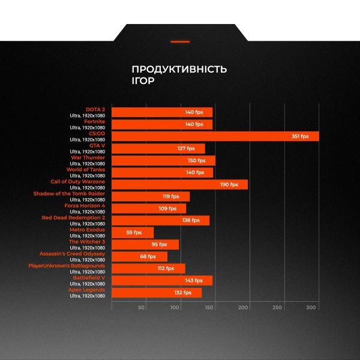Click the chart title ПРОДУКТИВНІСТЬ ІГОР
click(179, 75)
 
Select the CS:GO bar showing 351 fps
click(215, 136)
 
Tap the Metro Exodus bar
click(133, 232)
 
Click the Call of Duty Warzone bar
click(179, 184)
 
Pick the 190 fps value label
click(229, 184)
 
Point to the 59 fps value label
click(133, 232)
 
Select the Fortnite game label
click(94, 122)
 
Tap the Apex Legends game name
click(86, 290)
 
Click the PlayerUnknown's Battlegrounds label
click(67, 266)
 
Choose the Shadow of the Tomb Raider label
click(69, 194)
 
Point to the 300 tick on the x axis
click(311, 307)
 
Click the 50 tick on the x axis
click(142, 307)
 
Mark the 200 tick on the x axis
click(243, 307)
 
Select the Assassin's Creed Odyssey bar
click(139, 256)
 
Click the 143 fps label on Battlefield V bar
click(193, 280)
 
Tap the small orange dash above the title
click(180, 41)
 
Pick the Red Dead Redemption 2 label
click(73, 218)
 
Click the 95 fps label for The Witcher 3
click(159, 244)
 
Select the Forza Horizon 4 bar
click(149, 208)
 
